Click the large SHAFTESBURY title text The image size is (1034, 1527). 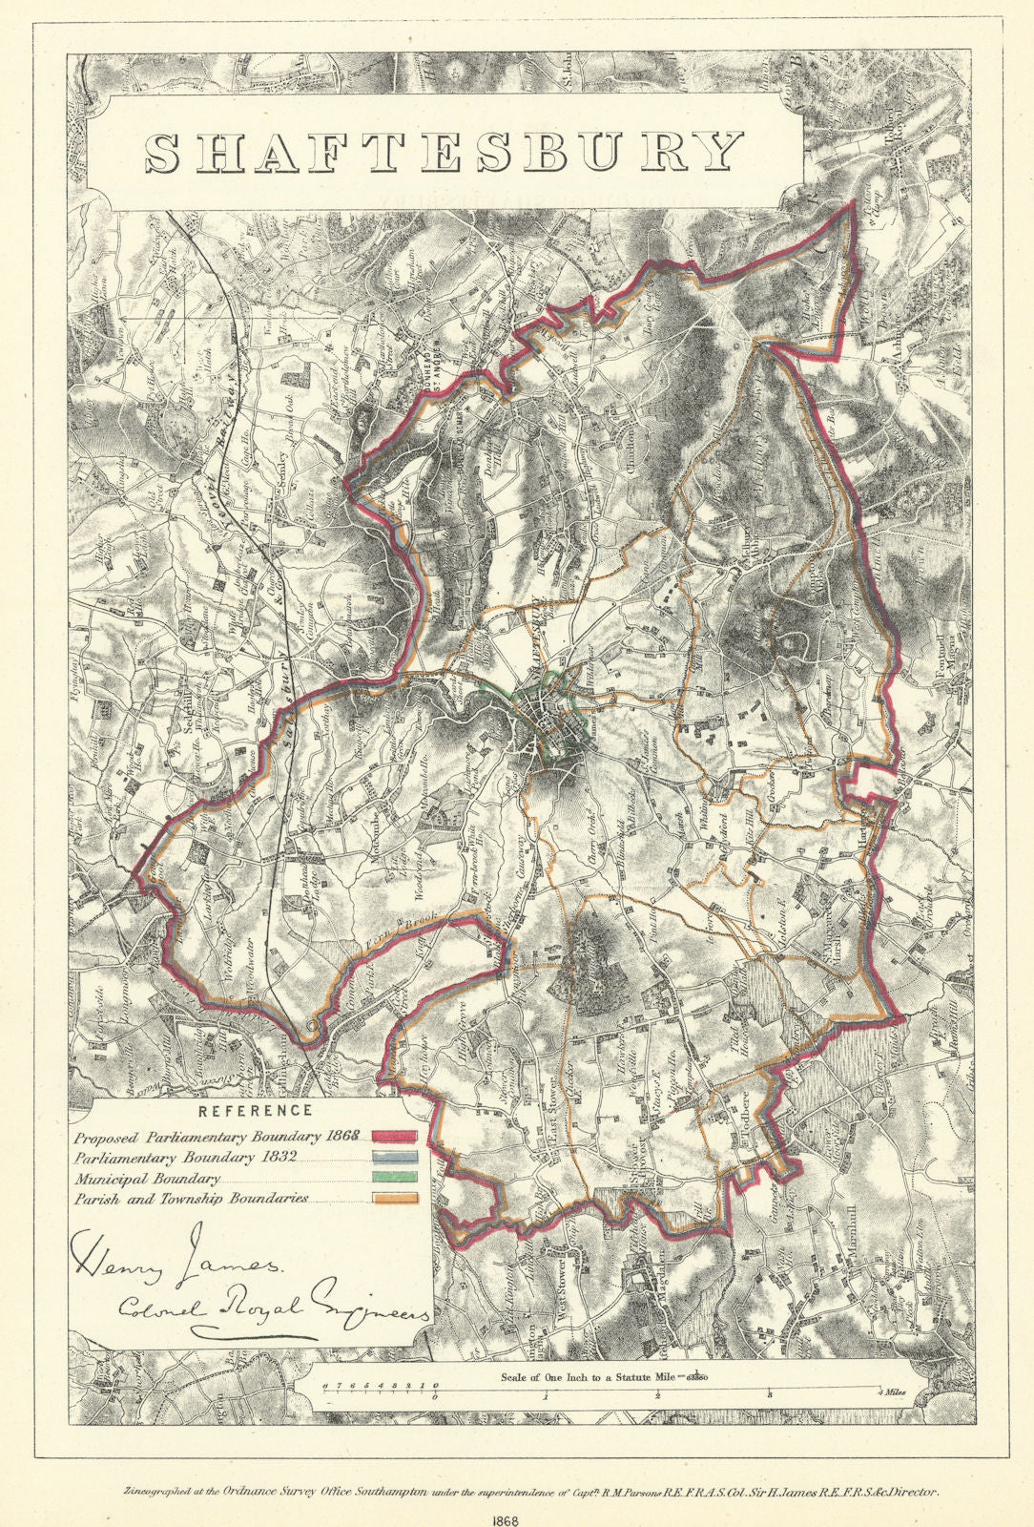click(x=445, y=152)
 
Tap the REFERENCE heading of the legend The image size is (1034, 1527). click(x=255, y=1110)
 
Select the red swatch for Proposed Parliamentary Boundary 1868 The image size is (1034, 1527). click(x=395, y=1137)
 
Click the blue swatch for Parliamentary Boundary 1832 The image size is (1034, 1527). click(x=395, y=1158)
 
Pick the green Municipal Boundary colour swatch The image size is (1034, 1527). click(x=395, y=1179)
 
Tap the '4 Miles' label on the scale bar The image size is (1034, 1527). click(x=895, y=1394)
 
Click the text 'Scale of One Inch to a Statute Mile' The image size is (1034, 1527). click(x=591, y=1377)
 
